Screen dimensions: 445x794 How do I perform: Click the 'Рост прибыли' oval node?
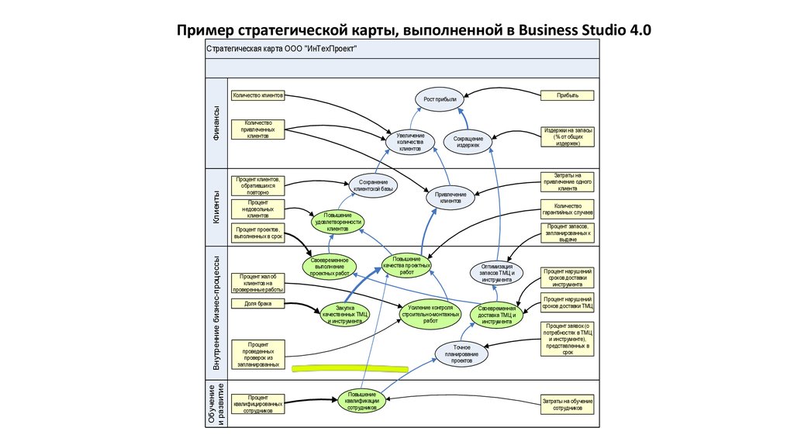(x=440, y=99)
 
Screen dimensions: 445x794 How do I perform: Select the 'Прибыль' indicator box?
(x=568, y=95)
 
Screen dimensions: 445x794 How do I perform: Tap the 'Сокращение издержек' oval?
(x=468, y=142)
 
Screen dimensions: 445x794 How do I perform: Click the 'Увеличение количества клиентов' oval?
(x=410, y=142)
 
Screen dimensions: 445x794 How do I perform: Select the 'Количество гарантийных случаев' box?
(x=568, y=209)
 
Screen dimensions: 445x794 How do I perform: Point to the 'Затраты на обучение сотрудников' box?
(x=568, y=404)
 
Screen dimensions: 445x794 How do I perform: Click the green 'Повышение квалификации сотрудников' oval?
(x=362, y=399)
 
